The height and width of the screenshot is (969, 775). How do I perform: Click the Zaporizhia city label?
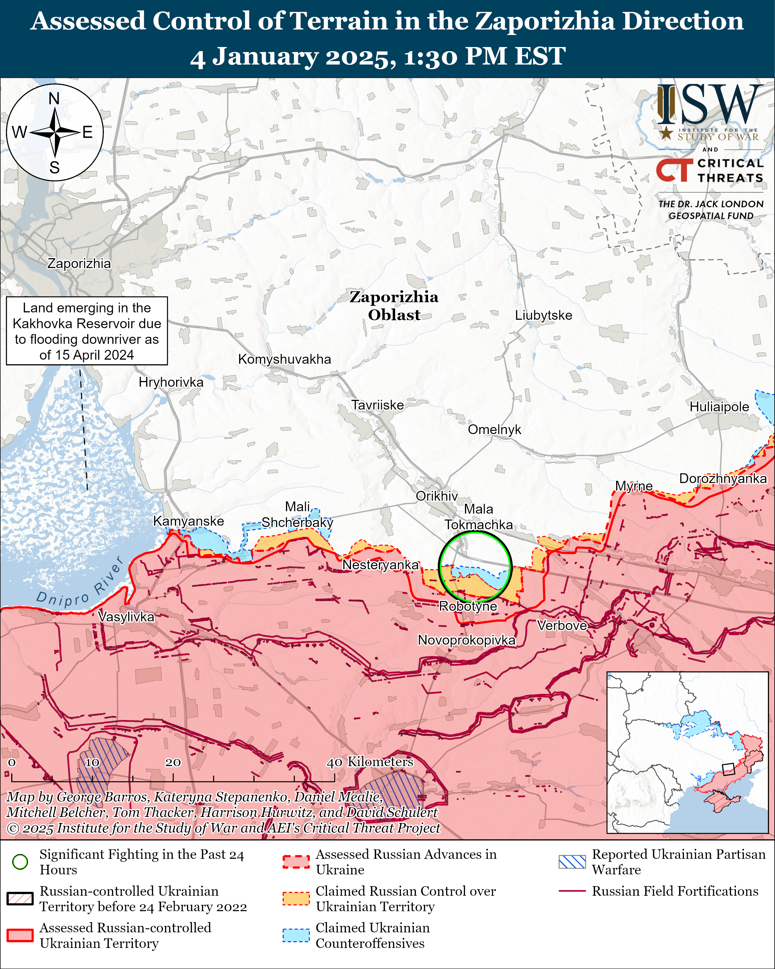(79, 263)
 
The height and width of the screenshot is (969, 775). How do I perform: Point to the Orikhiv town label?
(436, 496)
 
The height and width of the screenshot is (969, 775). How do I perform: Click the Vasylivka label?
(126, 617)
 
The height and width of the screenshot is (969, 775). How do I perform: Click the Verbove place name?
(562, 625)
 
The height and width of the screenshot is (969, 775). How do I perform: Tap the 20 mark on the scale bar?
(173, 763)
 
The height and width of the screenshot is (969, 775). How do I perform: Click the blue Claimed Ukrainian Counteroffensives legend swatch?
(296, 935)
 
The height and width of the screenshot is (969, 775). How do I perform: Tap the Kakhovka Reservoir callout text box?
(87, 331)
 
